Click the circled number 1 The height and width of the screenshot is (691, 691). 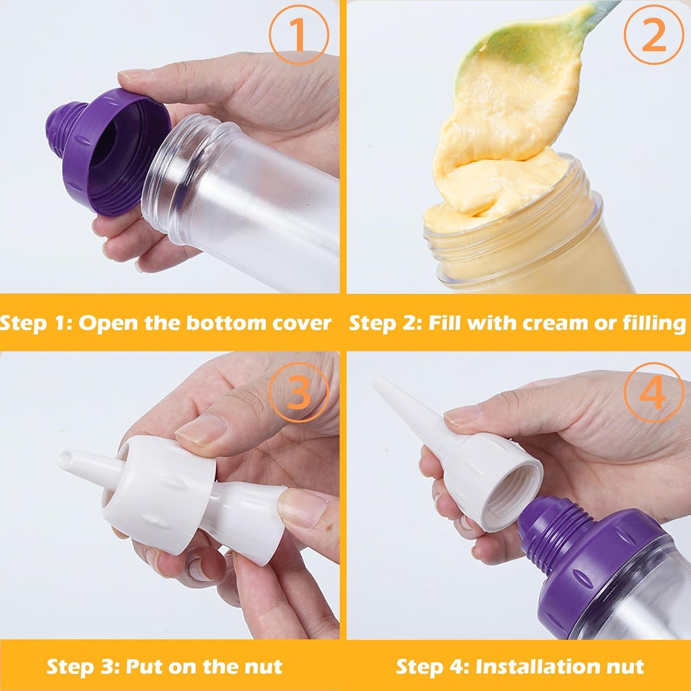[298, 34]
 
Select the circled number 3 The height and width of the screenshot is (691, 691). [299, 393]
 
